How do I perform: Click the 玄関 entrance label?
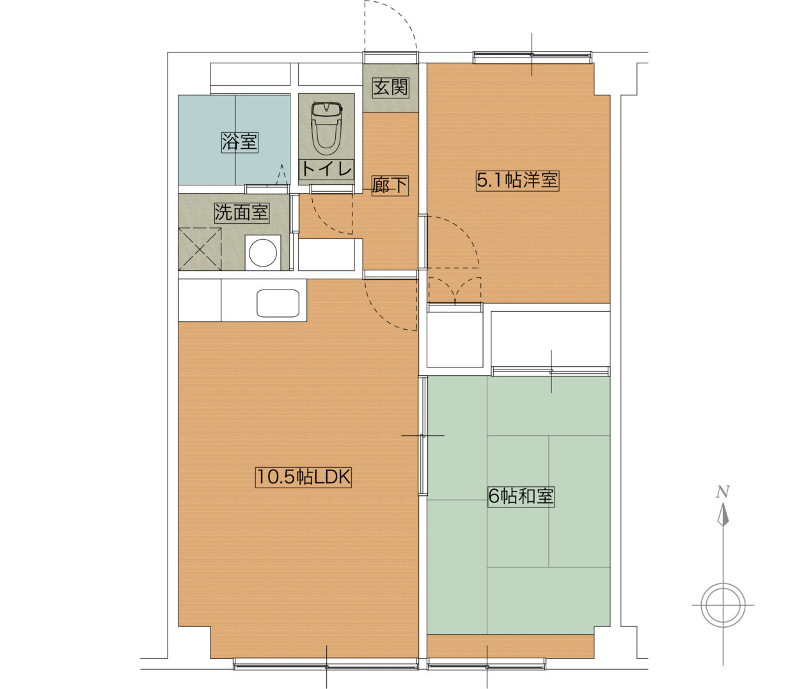coord(391,88)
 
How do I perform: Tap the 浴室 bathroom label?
coord(239,142)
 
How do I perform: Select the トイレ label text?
coord(326,169)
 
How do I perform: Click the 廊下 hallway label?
coord(390,185)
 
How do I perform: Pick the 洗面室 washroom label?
coord(241,212)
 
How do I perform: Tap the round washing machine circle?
coord(263,252)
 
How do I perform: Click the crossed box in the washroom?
coord(200,249)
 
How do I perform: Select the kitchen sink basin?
coord(278,303)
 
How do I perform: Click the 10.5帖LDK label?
coord(303,477)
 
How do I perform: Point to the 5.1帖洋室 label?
coord(518,181)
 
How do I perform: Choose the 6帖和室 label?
coord(521,497)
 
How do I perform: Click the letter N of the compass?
coord(723,492)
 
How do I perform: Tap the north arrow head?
coord(723,515)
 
